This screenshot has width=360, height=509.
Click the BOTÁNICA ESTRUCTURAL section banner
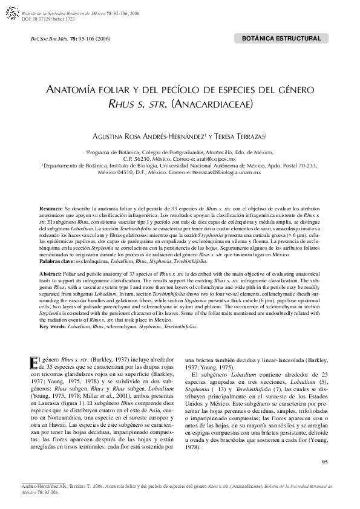click(281, 39)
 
